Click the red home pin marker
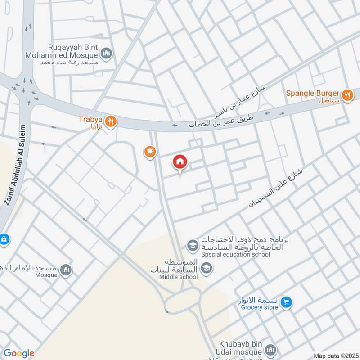tap(180, 162)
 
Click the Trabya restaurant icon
tap(111, 121)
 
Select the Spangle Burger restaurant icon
tap(347, 95)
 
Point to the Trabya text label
tap(91, 120)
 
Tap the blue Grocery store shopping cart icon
tap(285, 303)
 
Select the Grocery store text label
tap(260, 308)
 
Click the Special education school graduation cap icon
tap(192, 246)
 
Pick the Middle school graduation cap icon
tap(207, 269)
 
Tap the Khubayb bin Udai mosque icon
tap(270, 350)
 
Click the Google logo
tap(18, 353)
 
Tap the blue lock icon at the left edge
tap(3, 238)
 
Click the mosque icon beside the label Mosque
tap(66, 270)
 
